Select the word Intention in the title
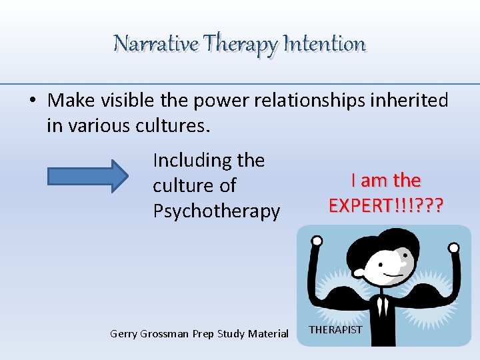325,44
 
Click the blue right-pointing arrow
87,176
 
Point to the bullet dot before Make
33,101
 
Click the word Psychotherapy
217,211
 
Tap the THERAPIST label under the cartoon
336,330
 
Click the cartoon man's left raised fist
317,241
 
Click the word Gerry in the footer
123,333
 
